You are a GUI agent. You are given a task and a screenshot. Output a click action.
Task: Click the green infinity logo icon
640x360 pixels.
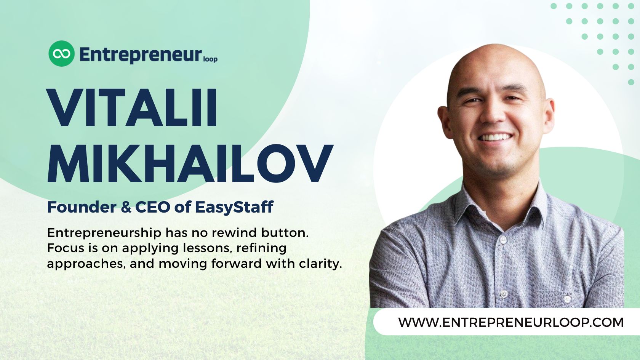click(61, 53)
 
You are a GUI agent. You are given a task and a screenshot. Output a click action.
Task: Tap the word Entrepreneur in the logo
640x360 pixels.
click(140, 54)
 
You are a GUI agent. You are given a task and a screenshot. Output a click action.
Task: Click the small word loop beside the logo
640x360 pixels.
click(210, 59)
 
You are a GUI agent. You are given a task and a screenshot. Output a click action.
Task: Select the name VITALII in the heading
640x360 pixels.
click(132, 108)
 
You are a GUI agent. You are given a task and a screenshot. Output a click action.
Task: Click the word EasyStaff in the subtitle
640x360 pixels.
click(234, 207)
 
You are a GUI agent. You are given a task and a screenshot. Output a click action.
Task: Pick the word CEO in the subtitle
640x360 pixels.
click(152, 207)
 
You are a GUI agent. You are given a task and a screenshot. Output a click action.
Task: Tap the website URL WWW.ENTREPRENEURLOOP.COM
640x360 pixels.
click(511, 322)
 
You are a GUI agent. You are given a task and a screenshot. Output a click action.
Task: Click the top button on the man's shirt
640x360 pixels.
click(503, 240)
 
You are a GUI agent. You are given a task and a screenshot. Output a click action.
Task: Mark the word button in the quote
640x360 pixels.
click(285, 232)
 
